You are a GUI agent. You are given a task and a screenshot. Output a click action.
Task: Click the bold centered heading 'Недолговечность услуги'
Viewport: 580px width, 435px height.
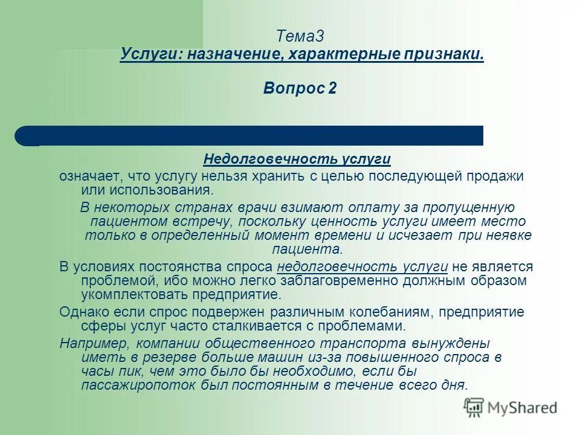pos(297,159)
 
